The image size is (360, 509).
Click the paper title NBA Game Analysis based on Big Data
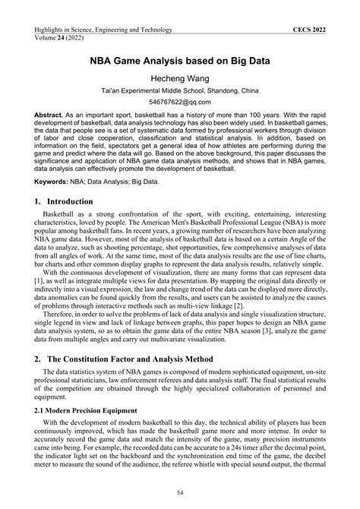click(x=179, y=59)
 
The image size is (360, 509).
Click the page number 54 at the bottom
click(x=180, y=492)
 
